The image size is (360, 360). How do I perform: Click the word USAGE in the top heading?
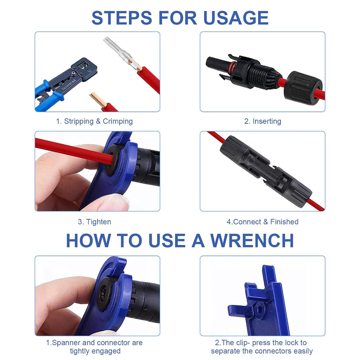[236, 18]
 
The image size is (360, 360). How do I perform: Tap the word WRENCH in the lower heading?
[252, 240]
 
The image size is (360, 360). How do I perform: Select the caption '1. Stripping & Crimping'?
[94, 121]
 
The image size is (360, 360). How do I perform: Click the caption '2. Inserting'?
[263, 121]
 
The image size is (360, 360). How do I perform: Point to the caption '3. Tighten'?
[94, 222]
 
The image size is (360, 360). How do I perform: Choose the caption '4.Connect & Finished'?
[262, 222]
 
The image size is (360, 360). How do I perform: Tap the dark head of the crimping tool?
[84, 69]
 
